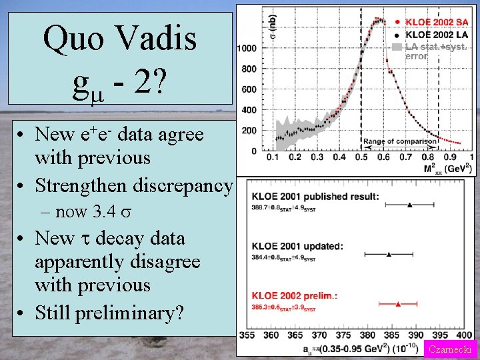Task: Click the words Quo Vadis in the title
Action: pyautogui.click(x=120, y=39)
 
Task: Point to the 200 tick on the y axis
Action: pyautogui.click(x=249, y=131)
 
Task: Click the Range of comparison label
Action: pyautogui.click(x=399, y=141)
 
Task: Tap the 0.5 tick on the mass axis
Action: pyautogui.click(x=361, y=157)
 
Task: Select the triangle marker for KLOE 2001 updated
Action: pyautogui.click(x=389, y=254)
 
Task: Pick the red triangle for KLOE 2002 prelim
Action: pyautogui.click(x=398, y=303)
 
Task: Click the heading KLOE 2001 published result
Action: pyautogui.click(x=316, y=196)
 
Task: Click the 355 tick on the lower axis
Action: pyautogui.click(x=246, y=335)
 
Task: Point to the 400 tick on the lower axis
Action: pyautogui.click(x=465, y=335)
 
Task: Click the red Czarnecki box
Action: pyautogui.click(x=451, y=349)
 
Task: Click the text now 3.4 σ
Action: pyautogui.click(x=86, y=213)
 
